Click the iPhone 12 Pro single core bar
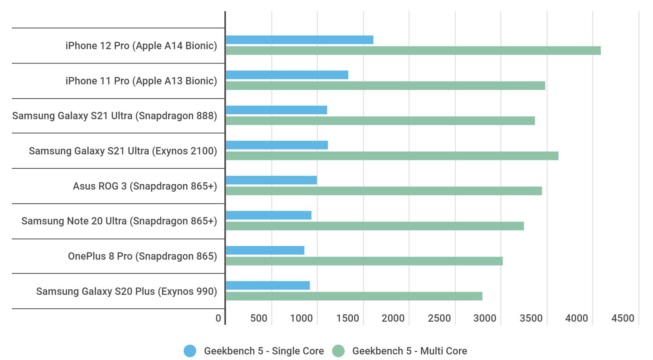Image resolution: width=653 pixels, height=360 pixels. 299,40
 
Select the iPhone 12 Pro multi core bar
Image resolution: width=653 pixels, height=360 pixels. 413,51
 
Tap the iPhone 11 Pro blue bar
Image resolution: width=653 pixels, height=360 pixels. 287,75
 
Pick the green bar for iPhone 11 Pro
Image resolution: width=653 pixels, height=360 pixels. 385,86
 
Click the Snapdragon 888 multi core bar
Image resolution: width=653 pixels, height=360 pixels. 380,121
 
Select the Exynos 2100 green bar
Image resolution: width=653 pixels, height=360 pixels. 392,156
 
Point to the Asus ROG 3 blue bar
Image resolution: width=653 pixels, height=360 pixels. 271,180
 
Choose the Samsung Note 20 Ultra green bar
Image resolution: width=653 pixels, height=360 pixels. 375,226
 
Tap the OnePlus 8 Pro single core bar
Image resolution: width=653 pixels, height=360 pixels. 265,250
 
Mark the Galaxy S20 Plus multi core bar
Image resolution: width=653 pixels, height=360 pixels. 354,296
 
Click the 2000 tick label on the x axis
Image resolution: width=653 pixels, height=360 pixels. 393,318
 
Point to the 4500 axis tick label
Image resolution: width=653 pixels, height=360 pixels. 623,318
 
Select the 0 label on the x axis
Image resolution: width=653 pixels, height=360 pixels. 218,318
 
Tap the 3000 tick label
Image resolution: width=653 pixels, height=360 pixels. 485,318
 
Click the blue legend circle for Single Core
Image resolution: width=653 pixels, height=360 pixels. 190,351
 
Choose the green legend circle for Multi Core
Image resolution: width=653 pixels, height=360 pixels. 338,351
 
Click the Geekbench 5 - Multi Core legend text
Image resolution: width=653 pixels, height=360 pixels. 409,351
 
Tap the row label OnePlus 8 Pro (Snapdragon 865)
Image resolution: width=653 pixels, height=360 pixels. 142,256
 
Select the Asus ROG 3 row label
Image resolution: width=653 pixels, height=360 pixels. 145,186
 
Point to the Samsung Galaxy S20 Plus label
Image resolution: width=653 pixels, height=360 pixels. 126,291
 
